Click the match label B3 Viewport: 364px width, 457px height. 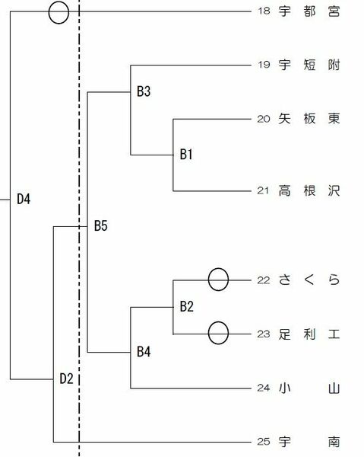point(144,91)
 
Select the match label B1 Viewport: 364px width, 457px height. point(186,154)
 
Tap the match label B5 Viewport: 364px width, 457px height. point(101,226)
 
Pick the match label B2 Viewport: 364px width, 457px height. point(187,307)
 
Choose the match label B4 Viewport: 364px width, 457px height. point(144,352)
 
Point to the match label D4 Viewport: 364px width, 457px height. point(24,200)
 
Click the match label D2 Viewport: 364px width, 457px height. point(66,379)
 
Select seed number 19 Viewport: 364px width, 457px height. point(264,65)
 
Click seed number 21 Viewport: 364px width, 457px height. point(263,190)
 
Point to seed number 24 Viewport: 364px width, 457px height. point(264,388)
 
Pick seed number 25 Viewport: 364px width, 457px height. point(264,442)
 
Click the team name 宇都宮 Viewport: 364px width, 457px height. point(309,11)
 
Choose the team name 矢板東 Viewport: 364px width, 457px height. point(309,119)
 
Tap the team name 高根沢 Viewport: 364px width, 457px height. point(309,191)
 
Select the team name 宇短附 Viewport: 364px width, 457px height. point(309,65)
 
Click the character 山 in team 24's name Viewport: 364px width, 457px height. point(334,388)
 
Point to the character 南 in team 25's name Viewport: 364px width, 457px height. point(334,442)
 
